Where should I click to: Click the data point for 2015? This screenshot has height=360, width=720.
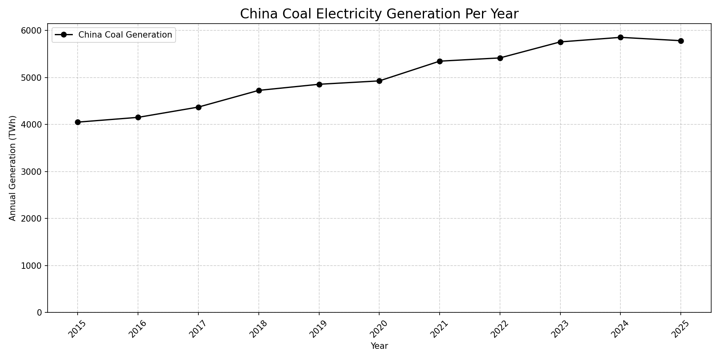(78, 122)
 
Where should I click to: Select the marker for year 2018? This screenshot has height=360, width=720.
(259, 90)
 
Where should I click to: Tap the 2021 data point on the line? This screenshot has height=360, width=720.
(440, 61)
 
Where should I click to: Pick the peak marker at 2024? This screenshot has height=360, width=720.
(620, 38)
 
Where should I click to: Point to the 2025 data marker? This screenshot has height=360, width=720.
(681, 41)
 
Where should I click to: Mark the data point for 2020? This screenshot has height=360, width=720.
(379, 81)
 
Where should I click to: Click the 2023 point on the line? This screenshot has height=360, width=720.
(560, 42)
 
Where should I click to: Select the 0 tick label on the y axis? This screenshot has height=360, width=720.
(39, 313)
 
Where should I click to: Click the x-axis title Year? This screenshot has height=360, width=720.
(379, 346)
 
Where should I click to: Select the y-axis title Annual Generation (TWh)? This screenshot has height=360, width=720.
(13, 168)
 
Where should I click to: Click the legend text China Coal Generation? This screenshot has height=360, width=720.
(125, 35)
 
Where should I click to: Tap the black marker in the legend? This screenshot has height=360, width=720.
(64, 35)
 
